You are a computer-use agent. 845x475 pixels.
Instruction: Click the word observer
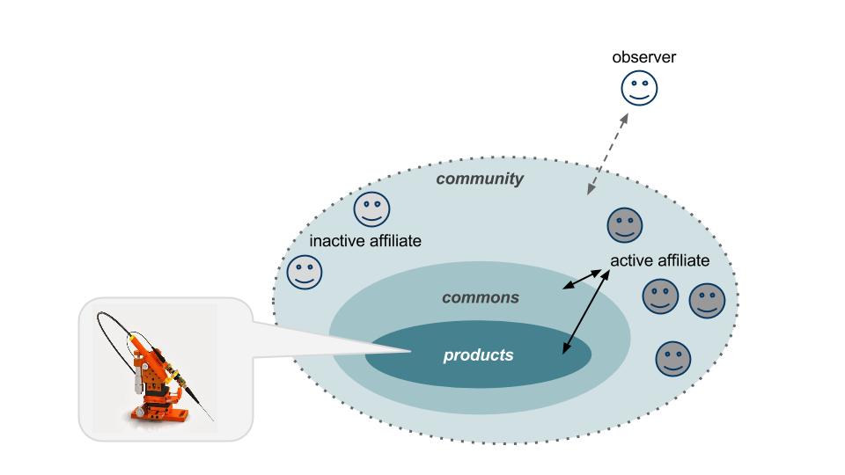[x=644, y=58]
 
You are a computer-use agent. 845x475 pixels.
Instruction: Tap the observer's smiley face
[x=640, y=88]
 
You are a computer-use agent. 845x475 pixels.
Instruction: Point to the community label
[x=480, y=179]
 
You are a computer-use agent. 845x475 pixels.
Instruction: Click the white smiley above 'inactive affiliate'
[x=371, y=209]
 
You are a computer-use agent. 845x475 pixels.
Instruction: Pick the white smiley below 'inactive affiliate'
[x=305, y=273]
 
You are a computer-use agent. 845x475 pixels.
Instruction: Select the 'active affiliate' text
[x=659, y=261]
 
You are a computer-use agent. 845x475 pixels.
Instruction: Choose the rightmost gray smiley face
[x=707, y=300]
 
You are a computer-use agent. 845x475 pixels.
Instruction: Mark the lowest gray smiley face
[x=673, y=358]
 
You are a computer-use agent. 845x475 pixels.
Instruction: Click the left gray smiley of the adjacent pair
[x=660, y=297]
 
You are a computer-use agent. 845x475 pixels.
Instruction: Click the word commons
[x=480, y=297]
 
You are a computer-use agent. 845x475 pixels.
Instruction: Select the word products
[x=478, y=355]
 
